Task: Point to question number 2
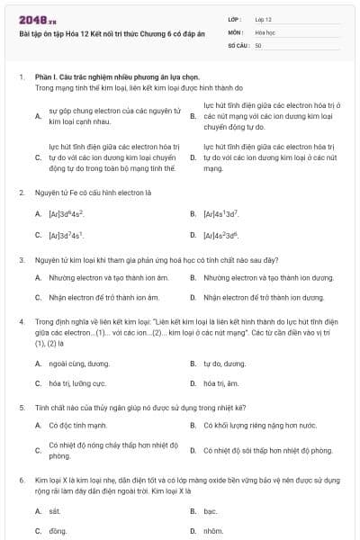coord(22,192)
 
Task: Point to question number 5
coord(22,407)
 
